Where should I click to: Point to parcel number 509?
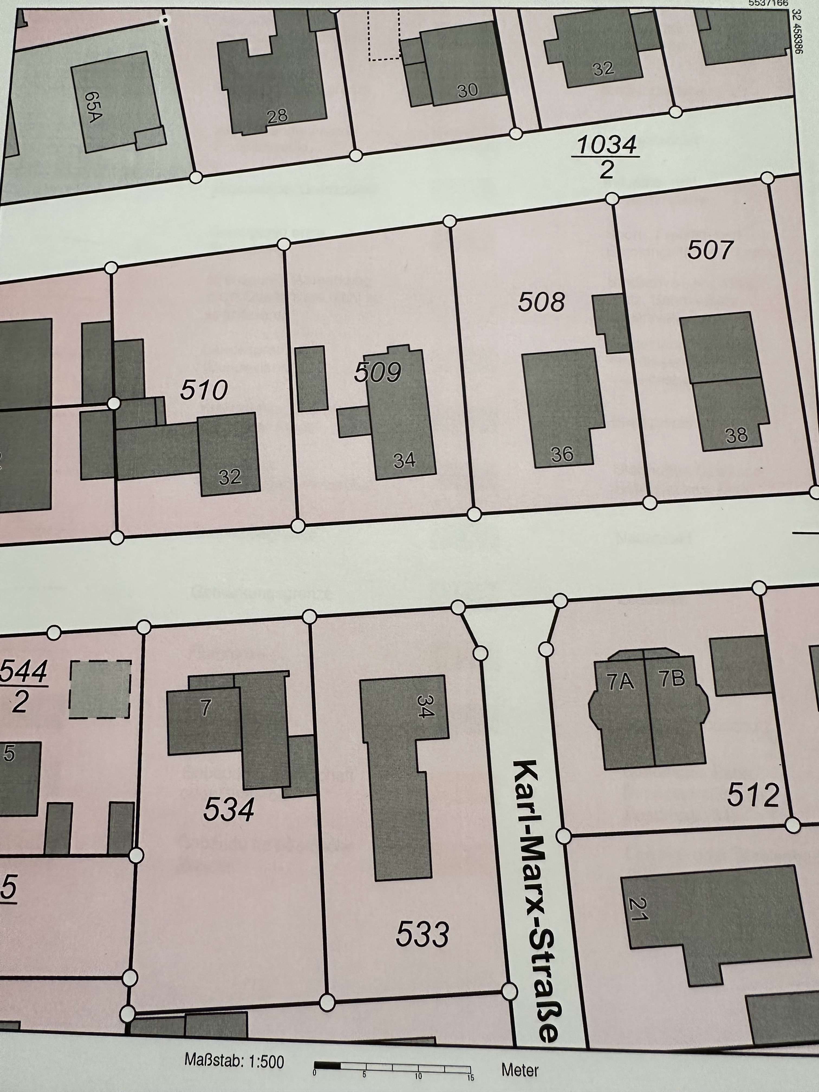click(x=378, y=373)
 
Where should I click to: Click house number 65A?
click(x=93, y=106)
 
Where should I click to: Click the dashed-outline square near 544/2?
click(x=100, y=690)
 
